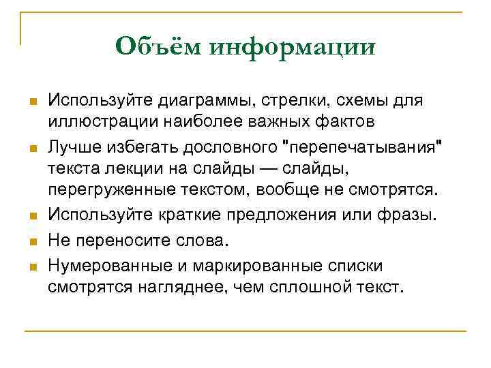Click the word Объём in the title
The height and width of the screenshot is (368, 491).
[158, 47]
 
